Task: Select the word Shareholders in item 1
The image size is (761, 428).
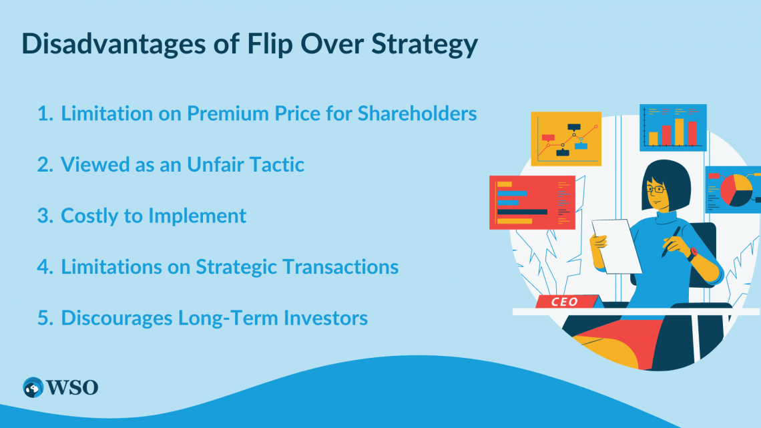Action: (x=417, y=114)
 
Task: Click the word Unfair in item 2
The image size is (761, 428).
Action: (x=215, y=164)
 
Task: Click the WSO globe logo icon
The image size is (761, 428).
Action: (x=33, y=387)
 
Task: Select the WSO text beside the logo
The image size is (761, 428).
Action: (x=72, y=387)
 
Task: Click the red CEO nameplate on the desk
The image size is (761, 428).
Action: (x=566, y=301)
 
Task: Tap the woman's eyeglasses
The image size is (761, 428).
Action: (x=656, y=188)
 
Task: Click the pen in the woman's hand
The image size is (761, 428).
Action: (x=671, y=242)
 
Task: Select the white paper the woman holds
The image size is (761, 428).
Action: (x=616, y=246)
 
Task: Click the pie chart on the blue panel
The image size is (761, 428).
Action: (x=736, y=190)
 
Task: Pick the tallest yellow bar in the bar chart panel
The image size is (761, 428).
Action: (x=679, y=132)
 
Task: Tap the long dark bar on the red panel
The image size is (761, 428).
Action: (x=522, y=212)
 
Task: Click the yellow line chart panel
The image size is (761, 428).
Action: (x=566, y=139)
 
